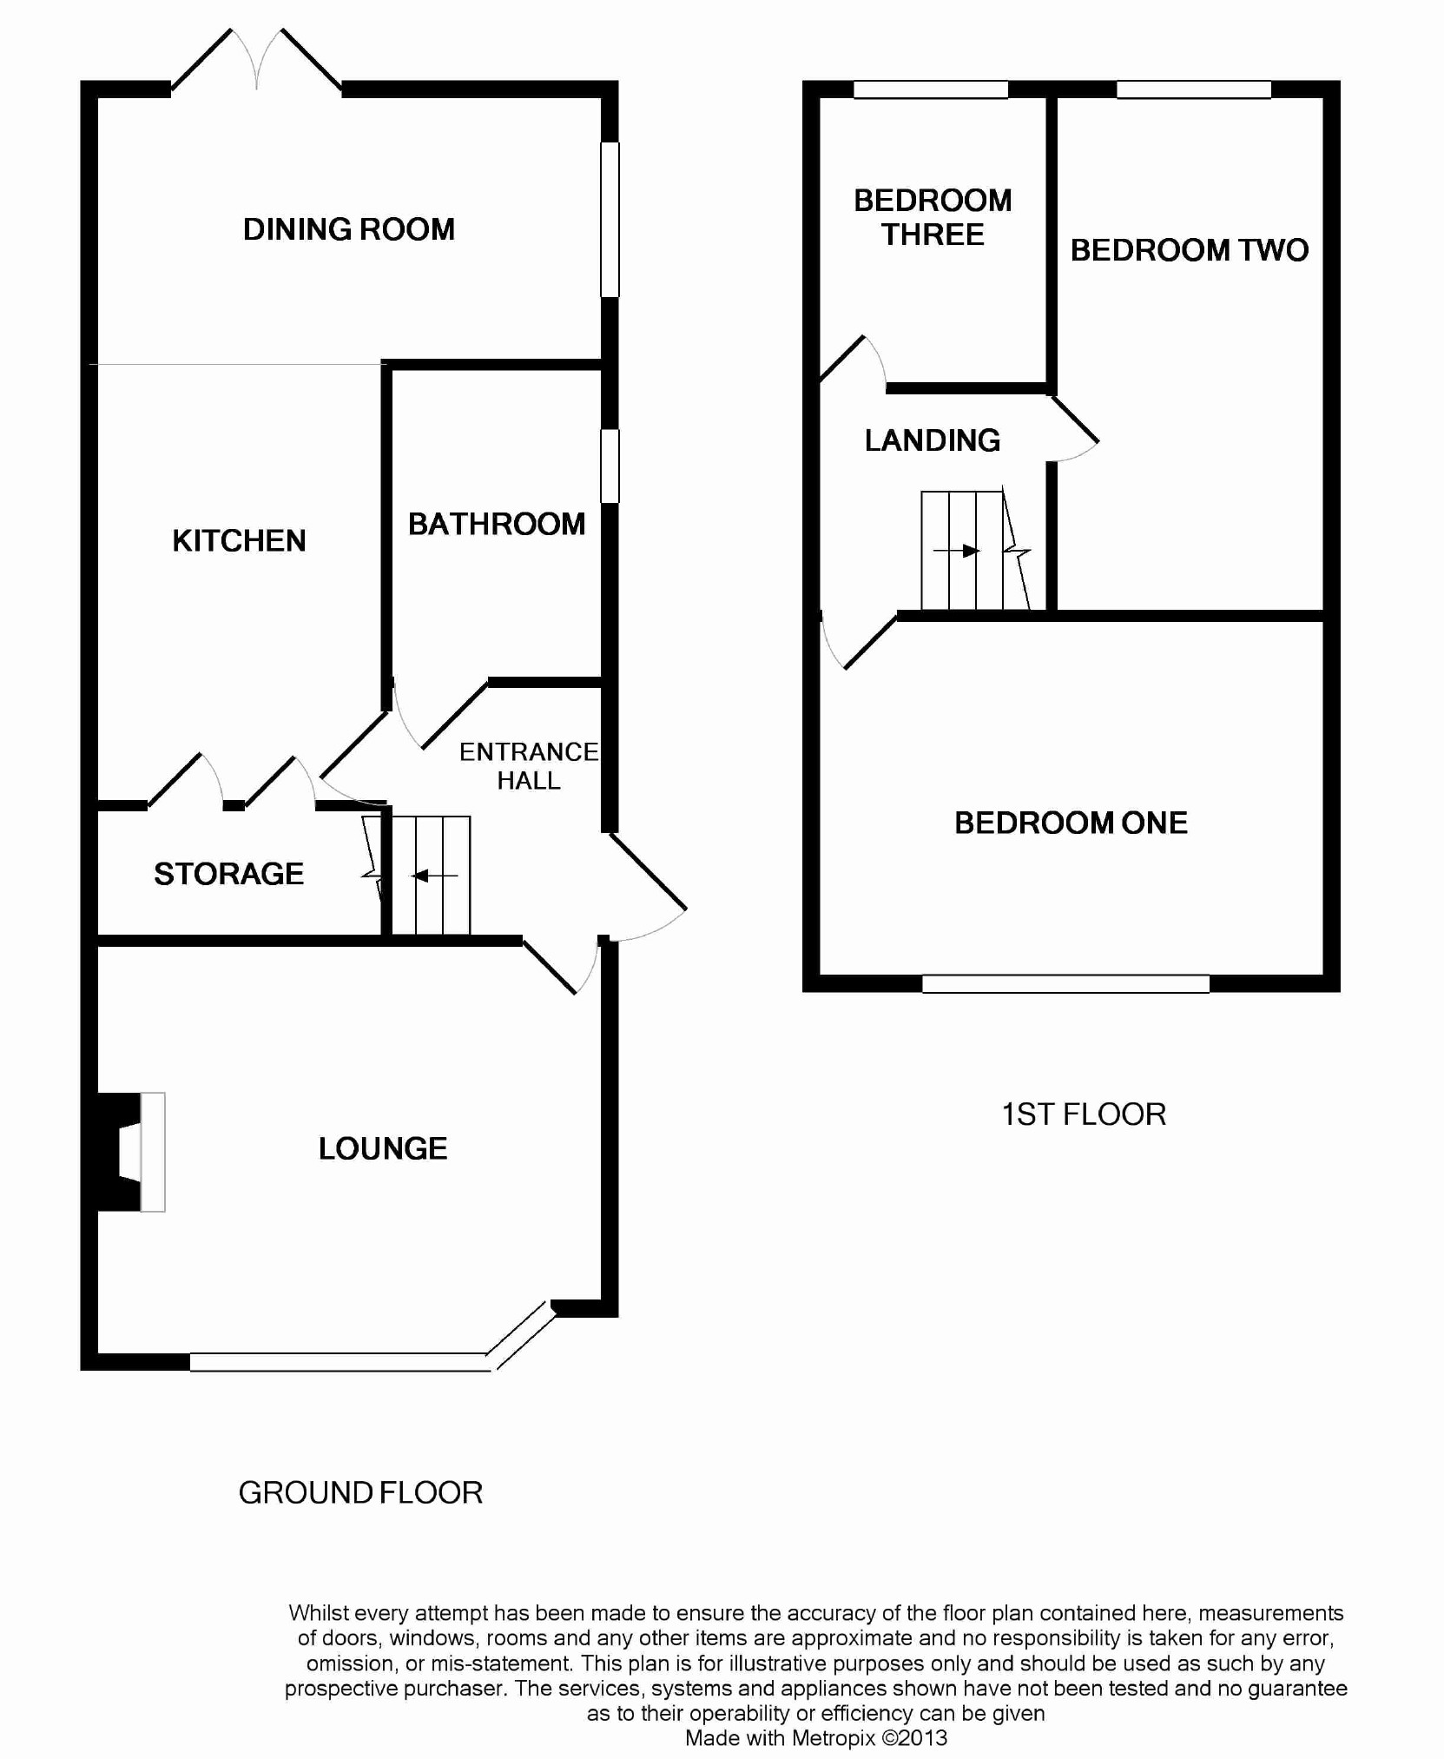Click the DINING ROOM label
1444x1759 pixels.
point(349,229)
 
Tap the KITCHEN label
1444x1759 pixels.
point(239,540)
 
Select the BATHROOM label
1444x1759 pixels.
point(497,524)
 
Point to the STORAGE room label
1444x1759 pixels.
point(229,873)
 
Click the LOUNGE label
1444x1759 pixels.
point(383,1148)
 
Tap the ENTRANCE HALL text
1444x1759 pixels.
point(529,765)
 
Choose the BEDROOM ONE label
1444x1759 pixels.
point(1071,823)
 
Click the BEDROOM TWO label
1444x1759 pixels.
point(1190,250)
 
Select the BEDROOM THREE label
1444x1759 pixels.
point(933,217)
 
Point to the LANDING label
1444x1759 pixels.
point(933,440)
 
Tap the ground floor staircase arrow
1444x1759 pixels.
point(434,876)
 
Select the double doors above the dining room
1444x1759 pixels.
point(256,59)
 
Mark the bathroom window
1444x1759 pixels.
point(610,466)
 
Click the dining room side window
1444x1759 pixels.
point(610,219)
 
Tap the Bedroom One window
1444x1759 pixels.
point(1065,983)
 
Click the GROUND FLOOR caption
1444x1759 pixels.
point(360,1492)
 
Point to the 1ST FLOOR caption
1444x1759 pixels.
point(1084,1114)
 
